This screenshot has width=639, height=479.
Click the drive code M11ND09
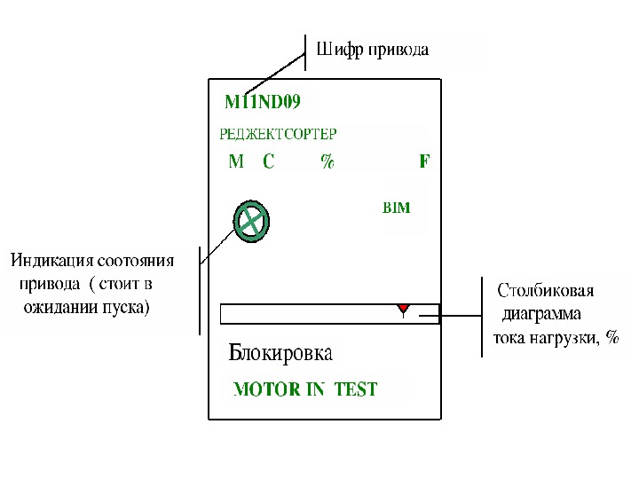262,102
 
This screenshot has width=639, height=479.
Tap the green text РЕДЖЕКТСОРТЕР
278,135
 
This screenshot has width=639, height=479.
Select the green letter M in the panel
236,162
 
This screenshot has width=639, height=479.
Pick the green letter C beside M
268,162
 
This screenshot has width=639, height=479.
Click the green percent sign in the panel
327,162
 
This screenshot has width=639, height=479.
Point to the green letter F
424,162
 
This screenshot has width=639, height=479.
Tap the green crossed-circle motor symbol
252,219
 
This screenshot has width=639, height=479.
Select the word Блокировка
280,353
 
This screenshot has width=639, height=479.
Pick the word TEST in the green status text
356,389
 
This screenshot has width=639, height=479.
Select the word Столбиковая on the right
545,290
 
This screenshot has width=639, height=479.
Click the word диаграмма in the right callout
541,313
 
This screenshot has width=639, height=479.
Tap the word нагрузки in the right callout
564,337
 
